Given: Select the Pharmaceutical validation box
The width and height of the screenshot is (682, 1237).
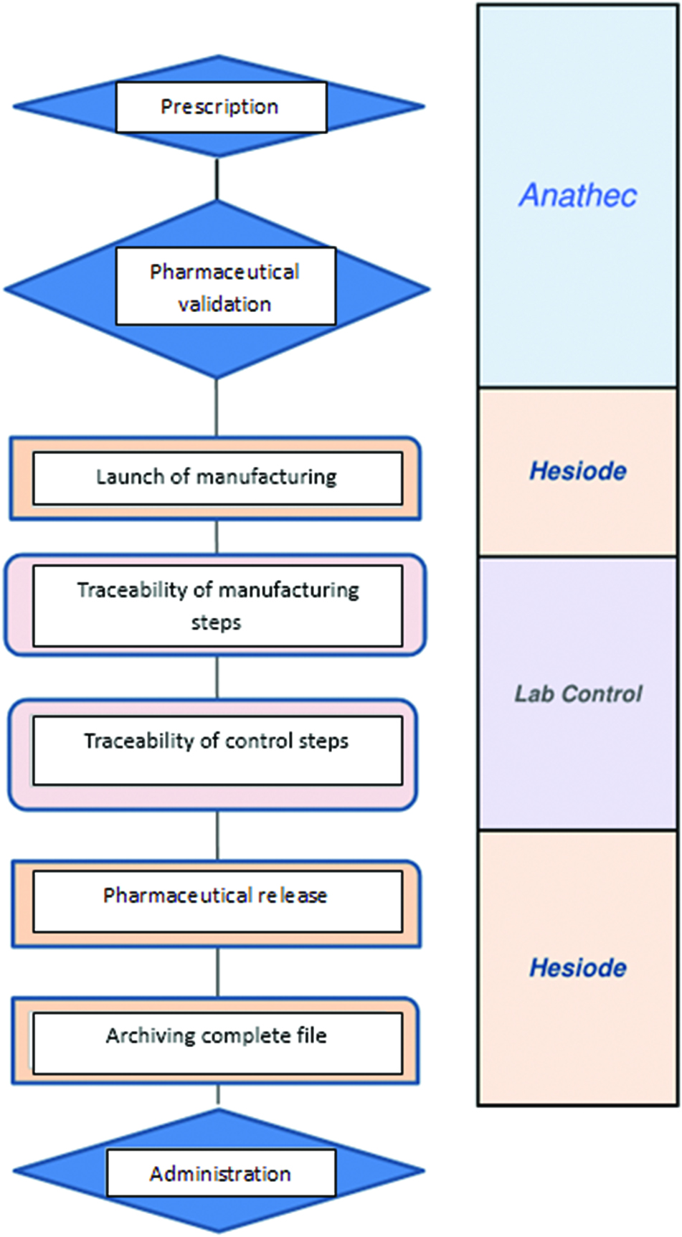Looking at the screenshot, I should point(225,287).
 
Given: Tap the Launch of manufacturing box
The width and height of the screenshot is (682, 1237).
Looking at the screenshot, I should point(217,478).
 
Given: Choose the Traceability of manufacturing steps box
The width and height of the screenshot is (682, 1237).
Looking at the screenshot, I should point(217,605).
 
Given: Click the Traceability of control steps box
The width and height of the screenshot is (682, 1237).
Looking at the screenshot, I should point(217,749).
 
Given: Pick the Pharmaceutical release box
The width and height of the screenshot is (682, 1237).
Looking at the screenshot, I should point(217,901).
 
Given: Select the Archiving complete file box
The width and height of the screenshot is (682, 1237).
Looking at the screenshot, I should point(217,1042).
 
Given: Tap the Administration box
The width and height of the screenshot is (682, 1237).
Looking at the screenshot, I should point(221,1173).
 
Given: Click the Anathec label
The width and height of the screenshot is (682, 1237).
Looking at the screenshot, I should point(578,195).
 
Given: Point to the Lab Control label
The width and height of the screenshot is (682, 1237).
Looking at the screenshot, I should point(578,693).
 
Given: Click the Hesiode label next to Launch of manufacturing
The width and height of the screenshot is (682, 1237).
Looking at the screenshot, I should point(578,471).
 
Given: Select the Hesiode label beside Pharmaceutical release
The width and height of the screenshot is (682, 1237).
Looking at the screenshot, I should point(578,968).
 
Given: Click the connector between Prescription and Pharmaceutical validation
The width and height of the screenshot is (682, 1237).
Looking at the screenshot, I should point(217,179).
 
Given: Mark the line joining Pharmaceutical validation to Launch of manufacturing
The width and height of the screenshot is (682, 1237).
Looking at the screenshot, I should point(217,407).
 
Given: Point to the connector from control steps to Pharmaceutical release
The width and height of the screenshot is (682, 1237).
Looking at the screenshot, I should point(217,835).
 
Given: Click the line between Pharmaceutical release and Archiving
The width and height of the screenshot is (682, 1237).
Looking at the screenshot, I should point(217,972).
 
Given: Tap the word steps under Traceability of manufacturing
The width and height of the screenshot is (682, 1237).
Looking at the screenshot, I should point(216,622).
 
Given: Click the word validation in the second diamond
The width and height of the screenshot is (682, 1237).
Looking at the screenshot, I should point(224,304).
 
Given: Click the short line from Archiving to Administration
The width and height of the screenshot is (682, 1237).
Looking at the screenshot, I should point(218,1094).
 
